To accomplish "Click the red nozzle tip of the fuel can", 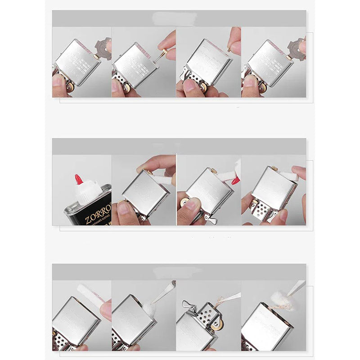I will click(79, 180).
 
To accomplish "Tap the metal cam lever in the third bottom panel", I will click(189, 306).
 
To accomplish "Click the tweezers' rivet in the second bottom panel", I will click(173, 284).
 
